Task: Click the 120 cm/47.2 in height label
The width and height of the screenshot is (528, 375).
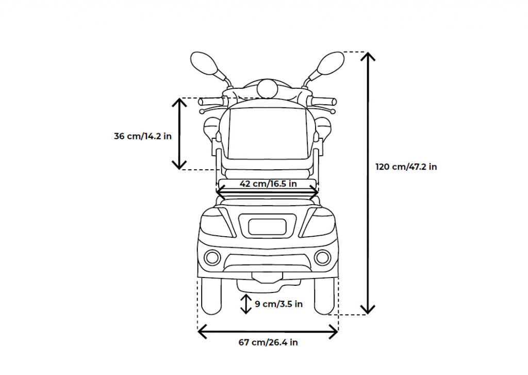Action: click(406, 167)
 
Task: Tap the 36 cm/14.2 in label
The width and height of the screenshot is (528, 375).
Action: click(143, 136)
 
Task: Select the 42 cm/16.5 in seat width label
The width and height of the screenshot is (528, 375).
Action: click(268, 184)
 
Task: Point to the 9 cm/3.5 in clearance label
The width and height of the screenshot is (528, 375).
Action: click(278, 304)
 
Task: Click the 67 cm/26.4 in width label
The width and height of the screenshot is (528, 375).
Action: click(268, 343)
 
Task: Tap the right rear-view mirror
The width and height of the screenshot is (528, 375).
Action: click(331, 63)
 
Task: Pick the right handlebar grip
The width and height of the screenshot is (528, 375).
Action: click(323, 101)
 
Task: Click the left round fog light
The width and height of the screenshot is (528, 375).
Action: click(212, 257)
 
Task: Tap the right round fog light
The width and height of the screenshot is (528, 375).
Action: click(323, 257)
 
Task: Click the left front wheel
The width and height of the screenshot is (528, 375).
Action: click(211, 296)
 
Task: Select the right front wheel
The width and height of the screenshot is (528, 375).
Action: click(324, 296)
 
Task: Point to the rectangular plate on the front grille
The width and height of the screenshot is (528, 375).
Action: click(268, 226)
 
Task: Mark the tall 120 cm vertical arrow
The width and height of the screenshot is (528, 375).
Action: click(368, 183)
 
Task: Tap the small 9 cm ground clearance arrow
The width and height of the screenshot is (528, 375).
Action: click(246, 304)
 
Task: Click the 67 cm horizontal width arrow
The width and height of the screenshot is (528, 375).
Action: click(268, 332)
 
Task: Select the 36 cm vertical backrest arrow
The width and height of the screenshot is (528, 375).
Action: click(179, 134)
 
